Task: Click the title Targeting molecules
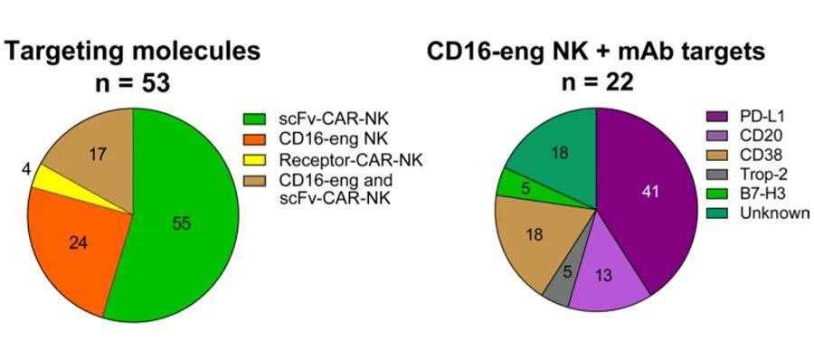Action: click(x=133, y=52)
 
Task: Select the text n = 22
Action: click(x=596, y=82)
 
